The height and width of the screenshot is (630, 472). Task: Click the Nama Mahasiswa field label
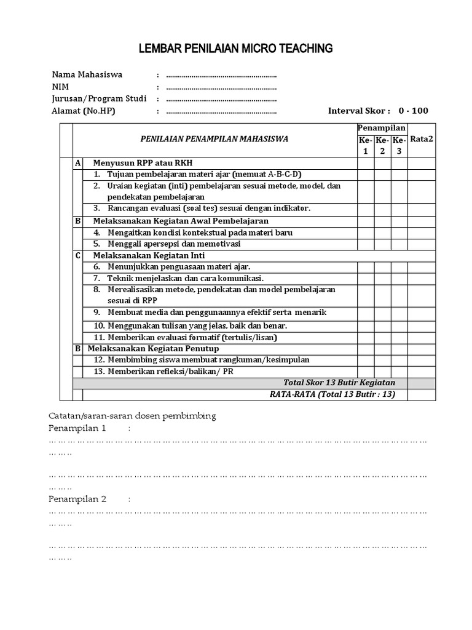point(87,74)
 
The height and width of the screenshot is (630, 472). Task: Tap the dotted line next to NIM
point(221,87)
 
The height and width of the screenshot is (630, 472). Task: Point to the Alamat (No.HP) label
point(84,111)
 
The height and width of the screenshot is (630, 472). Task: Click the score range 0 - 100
point(413,111)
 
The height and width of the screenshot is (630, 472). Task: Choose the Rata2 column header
point(422,139)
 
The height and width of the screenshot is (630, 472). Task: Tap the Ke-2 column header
point(382,145)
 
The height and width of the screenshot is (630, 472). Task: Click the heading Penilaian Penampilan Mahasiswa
point(214,139)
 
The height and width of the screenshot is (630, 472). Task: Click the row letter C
point(77,255)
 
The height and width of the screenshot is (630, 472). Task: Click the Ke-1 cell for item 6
point(366,266)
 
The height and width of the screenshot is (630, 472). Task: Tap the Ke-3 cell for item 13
point(399,372)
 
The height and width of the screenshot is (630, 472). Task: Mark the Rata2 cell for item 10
point(422,325)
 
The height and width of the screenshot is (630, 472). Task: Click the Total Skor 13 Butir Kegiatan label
point(339,383)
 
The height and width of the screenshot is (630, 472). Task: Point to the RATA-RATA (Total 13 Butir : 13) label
point(332,394)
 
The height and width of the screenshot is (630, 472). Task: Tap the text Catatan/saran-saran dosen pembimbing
point(132,416)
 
